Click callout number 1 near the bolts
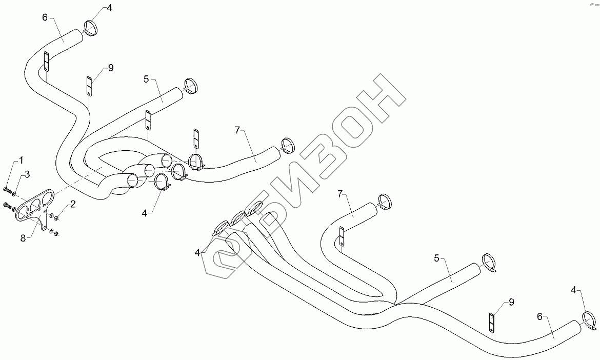[x=21, y=160]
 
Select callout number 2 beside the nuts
[x=73, y=204]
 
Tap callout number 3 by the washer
[x=27, y=174]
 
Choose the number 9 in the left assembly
[x=110, y=68]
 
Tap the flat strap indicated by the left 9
[x=89, y=86]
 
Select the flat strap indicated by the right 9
[x=491, y=323]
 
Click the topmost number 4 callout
[x=109, y=8]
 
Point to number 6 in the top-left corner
[x=45, y=17]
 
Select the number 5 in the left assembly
[x=146, y=79]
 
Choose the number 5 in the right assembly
[x=436, y=258]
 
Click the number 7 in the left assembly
[x=237, y=130]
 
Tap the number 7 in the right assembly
[x=339, y=194]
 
